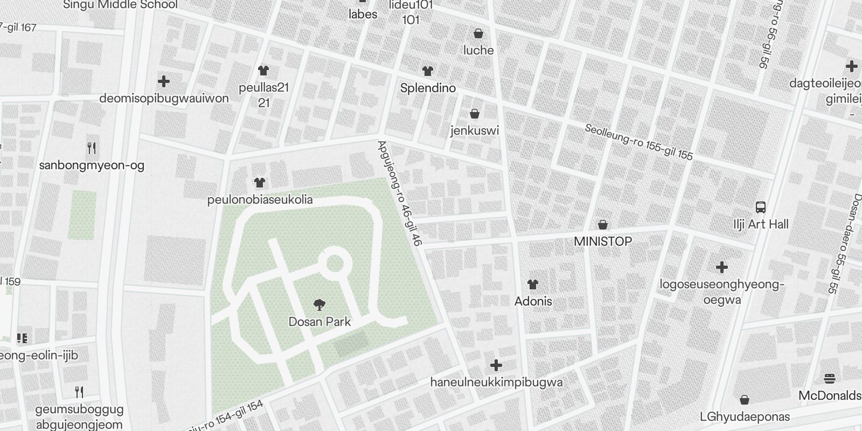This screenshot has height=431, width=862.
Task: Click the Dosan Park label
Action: coord(319,322)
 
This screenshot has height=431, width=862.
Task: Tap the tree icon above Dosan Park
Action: coord(319,305)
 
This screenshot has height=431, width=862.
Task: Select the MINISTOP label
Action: coord(603,241)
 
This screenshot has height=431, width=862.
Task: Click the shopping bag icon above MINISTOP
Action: coord(603,224)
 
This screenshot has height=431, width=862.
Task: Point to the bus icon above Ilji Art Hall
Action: coord(761,207)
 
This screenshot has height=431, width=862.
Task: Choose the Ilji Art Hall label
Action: coord(761,224)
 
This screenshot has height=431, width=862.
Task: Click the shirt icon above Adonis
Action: coord(533,284)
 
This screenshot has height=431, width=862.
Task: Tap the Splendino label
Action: coord(428,88)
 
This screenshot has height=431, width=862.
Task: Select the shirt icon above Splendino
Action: coord(428,71)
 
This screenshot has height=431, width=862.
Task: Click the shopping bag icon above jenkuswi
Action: coord(475,114)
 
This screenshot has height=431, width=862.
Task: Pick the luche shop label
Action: coord(478,50)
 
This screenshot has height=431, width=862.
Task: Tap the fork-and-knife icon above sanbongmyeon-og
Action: coord(92,148)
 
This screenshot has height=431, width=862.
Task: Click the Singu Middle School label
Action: coord(120,5)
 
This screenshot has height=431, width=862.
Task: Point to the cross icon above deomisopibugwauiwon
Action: coord(164,81)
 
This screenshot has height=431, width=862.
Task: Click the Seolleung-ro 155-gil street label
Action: coord(639,142)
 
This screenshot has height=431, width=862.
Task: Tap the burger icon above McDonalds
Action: coord(829,379)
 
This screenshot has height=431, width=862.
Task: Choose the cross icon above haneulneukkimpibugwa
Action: coord(496,365)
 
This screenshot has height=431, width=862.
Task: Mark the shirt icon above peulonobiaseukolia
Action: coord(260,183)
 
